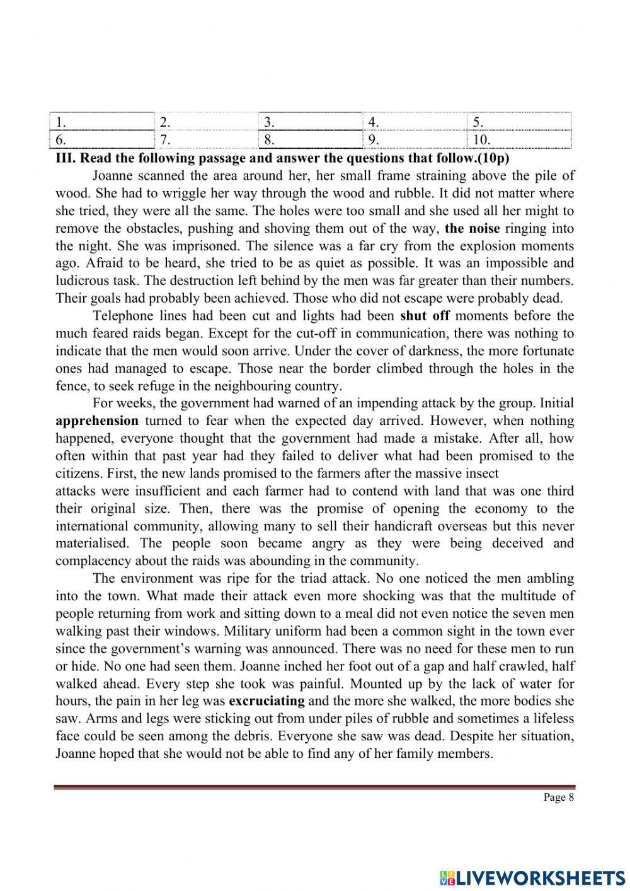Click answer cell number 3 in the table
[311, 122]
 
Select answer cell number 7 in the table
[207, 139]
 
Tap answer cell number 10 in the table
[518, 139]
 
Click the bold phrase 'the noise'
[472, 229]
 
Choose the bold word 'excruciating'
[266, 701]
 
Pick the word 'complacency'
[93, 561]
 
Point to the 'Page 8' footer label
[559, 798]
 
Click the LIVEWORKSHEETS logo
[531, 877]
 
